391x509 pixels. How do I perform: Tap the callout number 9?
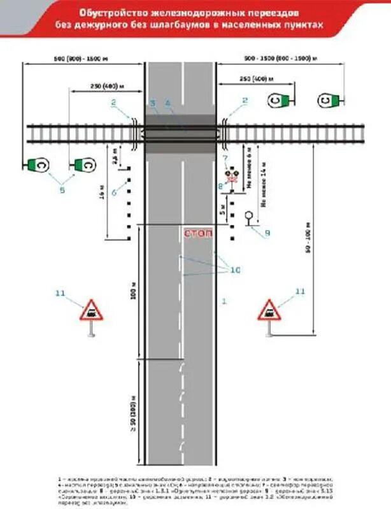tap(267, 233)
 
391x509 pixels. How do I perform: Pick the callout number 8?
tap(220, 186)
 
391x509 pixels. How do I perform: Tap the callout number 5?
tap(62, 189)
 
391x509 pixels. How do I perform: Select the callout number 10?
tap(234, 270)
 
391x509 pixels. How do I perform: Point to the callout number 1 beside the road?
tap(224, 300)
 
